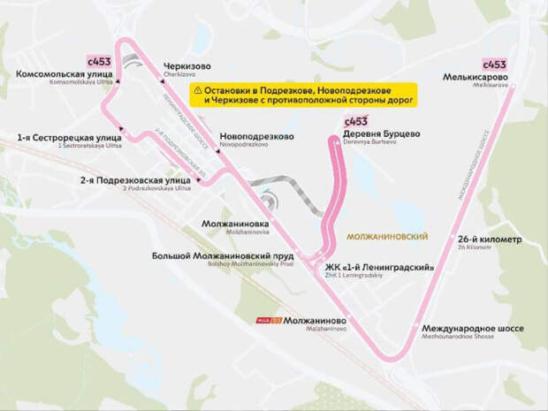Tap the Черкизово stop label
coord(186,66)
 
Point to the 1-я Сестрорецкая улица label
coord(54,138)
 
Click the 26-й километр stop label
coord(491,240)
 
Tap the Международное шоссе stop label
coord(472,329)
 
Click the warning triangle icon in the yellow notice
coord(197,90)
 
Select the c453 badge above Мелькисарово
coord(494,65)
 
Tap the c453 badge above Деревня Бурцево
coord(355,120)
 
